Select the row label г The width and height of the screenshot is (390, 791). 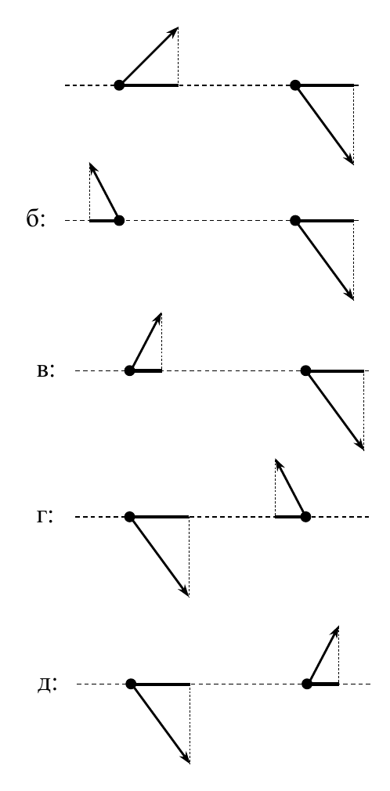pyautogui.click(x=45, y=517)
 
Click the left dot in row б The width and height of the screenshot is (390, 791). pyautogui.click(x=119, y=220)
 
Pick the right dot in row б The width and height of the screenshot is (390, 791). pyautogui.click(x=296, y=220)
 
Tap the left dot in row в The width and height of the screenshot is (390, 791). pyautogui.click(x=130, y=370)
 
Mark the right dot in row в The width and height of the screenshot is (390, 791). pyautogui.click(x=305, y=370)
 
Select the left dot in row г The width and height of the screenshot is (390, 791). pyautogui.click(x=130, y=517)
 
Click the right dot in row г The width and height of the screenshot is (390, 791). pyautogui.click(x=305, y=517)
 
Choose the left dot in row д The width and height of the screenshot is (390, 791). pyautogui.click(x=132, y=684)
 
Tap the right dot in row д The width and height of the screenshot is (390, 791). pyautogui.click(x=307, y=684)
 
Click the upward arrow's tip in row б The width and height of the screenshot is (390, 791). pyautogui.click(x=90, y=163)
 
